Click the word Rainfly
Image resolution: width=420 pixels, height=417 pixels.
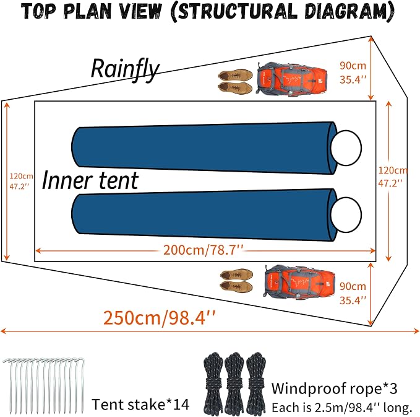click(x=126, y=69)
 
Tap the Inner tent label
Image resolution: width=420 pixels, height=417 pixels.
click(x=90, y=180)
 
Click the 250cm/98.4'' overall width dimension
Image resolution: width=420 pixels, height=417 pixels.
click(x=160, y=318)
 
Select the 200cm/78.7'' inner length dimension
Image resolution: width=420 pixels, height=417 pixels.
click(x=204, y=250)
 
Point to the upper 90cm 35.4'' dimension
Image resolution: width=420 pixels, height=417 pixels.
click(x=353, y=72)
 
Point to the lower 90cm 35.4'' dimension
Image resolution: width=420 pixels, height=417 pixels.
click(x=353, y=293)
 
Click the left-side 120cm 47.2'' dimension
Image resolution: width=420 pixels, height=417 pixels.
click(x=21, y=181)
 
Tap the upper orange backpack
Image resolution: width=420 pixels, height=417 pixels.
click(x=292, y=78)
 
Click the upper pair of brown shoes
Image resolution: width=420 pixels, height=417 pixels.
click(x=236, y=82)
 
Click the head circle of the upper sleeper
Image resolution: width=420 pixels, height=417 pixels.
click(x=346, y=147)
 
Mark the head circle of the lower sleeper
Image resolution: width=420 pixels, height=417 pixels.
click(x=346, y=214)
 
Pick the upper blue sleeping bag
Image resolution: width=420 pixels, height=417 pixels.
click(x=204, y=147)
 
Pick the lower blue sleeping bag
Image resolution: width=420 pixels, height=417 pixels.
click(x=204, y=214)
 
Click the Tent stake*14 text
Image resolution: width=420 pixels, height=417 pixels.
click(x=140, y=404)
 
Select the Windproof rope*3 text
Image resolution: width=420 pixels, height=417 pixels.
click(x=334, y=388)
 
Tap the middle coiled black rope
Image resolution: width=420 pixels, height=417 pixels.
click(x=234, y=384)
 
